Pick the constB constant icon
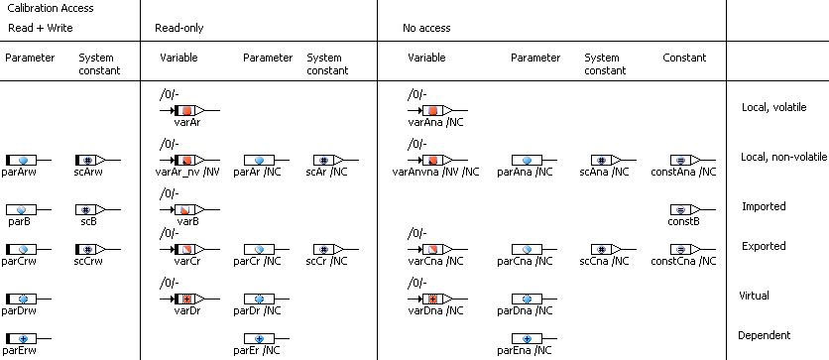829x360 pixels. click(x=684, y=210)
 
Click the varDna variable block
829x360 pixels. click(x=436, y=299)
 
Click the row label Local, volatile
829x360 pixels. click(x=774, y=107)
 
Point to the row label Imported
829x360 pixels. click(x=764, y=206)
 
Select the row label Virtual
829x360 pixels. click(x=754, y=295)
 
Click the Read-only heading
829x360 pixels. click(x=178, y=28)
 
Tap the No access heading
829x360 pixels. click(x=426, y=28)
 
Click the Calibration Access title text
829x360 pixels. click(x=51, y=8)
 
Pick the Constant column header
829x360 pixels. click(x=684, y=58)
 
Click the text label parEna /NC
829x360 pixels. click(x=526, y=349)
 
